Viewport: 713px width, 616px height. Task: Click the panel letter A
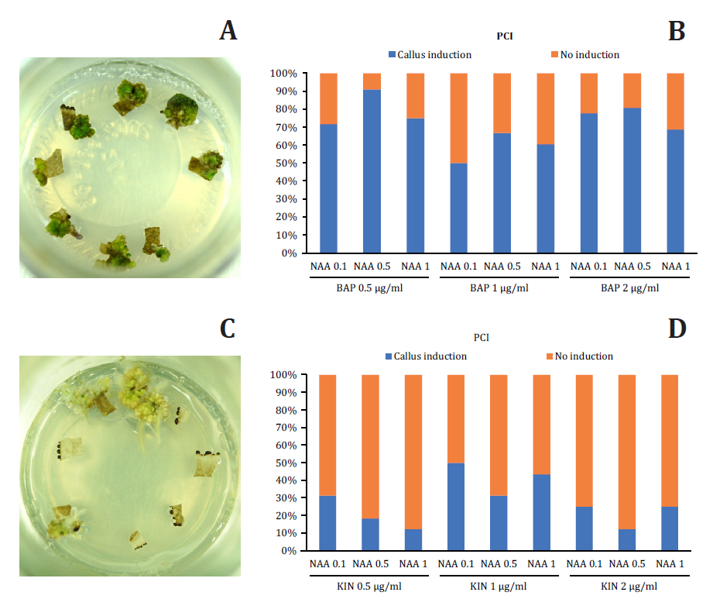coord(228,30)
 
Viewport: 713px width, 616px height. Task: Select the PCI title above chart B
coord(504,36)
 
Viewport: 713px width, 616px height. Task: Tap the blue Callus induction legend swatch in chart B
coord(392,55)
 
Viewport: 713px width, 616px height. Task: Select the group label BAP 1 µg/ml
coord(501,288)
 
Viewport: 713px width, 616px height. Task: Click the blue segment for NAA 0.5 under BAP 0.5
coord(372,171)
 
